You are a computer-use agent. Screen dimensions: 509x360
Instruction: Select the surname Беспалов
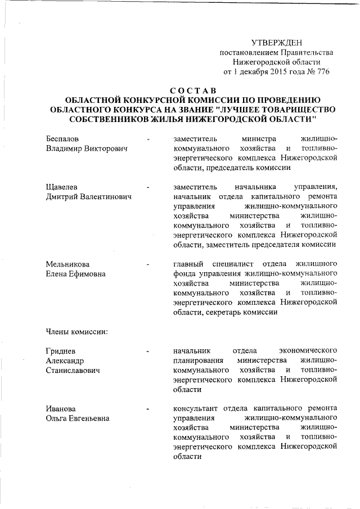click(63, 138)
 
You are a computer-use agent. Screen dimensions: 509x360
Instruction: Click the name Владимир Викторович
click(86, 148)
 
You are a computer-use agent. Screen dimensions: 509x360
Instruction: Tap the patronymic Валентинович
click(102, 196)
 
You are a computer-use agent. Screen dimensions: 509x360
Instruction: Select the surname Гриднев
click(61, 351)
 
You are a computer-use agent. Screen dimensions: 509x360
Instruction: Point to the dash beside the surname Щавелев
click(147, 186)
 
